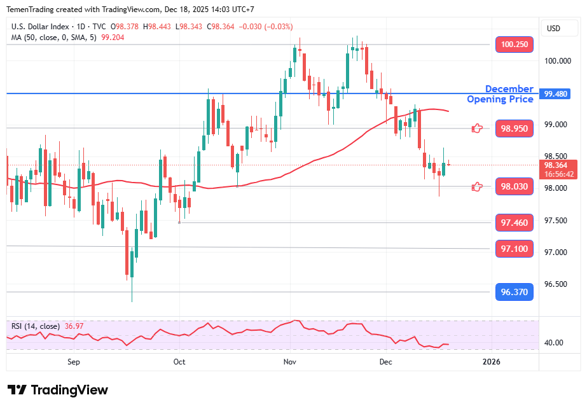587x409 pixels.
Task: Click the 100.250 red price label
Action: [x=514, y=45]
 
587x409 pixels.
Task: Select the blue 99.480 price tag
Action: [x=557, y=94]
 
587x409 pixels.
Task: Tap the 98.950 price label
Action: [x=514, y=128]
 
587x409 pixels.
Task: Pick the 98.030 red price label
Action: [x=514, y=186]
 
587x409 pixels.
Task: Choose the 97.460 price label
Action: [x=514, y=223]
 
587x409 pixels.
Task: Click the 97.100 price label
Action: [x=514, y=248]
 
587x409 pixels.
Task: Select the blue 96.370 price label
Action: [x=514, y=292]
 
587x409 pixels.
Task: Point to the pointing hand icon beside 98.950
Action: [x=477, y=128]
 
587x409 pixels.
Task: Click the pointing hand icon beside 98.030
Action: [x=477, y=186]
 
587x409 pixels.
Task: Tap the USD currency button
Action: [x=553, y=29]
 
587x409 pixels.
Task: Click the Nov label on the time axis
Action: [x=290, y=362]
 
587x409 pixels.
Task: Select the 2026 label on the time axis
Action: [x=492, y=362]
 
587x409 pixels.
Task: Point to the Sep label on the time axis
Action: [x=74, y=362]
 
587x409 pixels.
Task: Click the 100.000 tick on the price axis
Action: [x=557, y=61]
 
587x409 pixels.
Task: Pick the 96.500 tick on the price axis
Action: [x=557, y=284]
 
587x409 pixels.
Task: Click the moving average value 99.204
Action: [x=114, y=38]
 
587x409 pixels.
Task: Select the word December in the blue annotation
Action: [x=509, y=89]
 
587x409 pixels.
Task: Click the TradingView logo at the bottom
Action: [x=58, y=390]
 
